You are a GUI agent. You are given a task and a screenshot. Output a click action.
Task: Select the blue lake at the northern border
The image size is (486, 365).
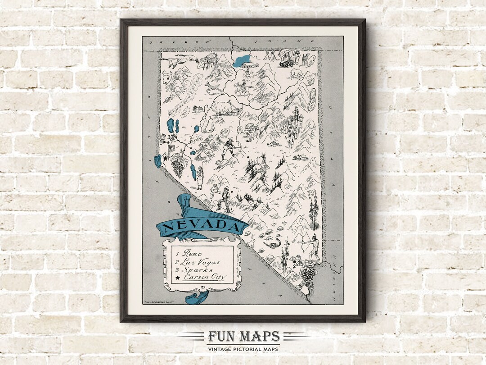point(243,60)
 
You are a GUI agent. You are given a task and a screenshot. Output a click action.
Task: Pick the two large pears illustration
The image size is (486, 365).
point(207,124)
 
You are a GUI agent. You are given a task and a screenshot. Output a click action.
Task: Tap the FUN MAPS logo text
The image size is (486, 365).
point(243,337)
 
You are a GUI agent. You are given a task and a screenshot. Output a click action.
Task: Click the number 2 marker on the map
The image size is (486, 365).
point(294,266)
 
